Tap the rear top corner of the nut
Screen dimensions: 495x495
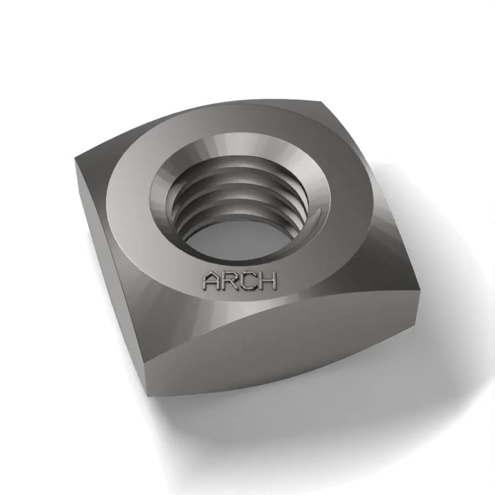pyautogui.click(x=321, y=102)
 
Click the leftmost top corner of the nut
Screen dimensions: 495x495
pyautogui.click(x=75, y=157)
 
